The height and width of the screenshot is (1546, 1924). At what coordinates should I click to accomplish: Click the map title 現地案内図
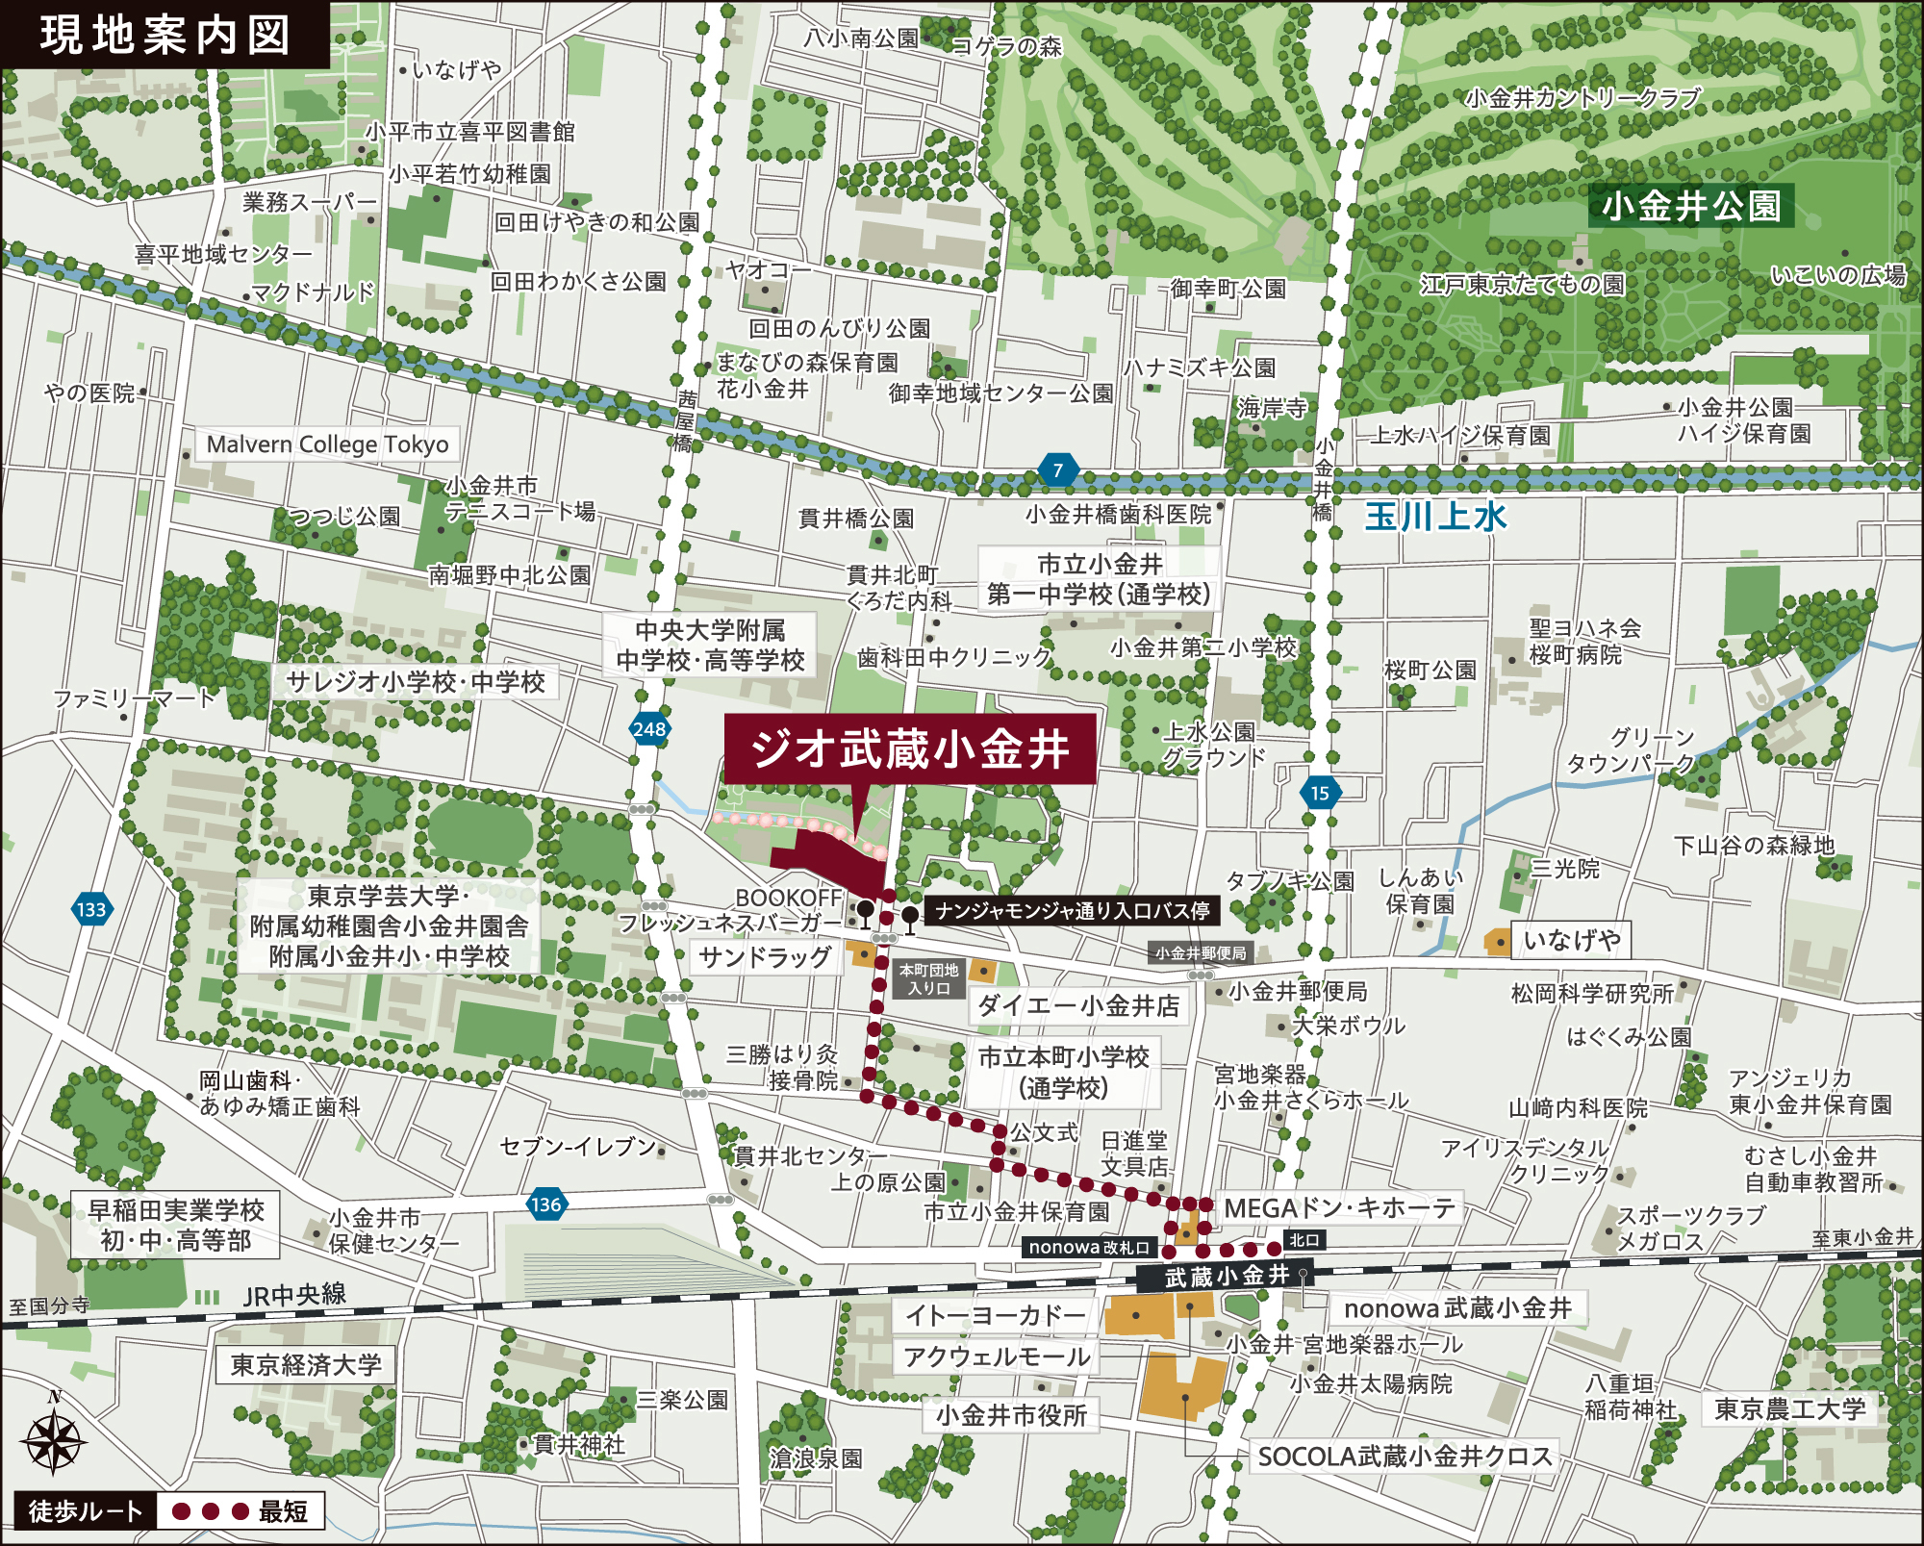pos(165,35)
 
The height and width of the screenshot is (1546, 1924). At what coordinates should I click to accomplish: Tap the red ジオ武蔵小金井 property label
pos(909,748)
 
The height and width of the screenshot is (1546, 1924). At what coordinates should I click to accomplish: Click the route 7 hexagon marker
pos(1057,470)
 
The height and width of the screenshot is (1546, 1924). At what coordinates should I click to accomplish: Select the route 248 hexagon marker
pos(649,729)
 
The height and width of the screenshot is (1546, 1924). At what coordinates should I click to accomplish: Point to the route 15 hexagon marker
pos(1320,793)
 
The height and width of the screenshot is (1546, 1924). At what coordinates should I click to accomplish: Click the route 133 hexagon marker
pos(91,909)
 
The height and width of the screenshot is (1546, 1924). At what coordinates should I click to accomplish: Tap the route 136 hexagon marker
pos(545,1204)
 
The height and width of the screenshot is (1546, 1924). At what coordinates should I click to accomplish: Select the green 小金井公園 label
pos(1690,206)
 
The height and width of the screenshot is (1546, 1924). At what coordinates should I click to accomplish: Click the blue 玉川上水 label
pos(1435,517)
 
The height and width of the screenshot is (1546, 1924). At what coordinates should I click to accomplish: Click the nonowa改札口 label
pos(1089,1247)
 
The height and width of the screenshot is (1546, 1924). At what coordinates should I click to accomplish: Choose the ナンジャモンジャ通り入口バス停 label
pos(1072,910)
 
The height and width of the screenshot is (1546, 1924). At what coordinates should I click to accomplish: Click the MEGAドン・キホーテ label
pos(1339,1208)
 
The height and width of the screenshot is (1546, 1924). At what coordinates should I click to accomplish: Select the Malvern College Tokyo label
pos(327,444)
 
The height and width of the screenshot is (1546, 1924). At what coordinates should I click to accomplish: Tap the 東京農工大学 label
pos(1789,1409)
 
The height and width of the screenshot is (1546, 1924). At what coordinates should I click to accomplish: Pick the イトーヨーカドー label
pos(995,1315)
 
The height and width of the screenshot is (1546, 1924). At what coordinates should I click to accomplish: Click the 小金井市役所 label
pos(1011,1415)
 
